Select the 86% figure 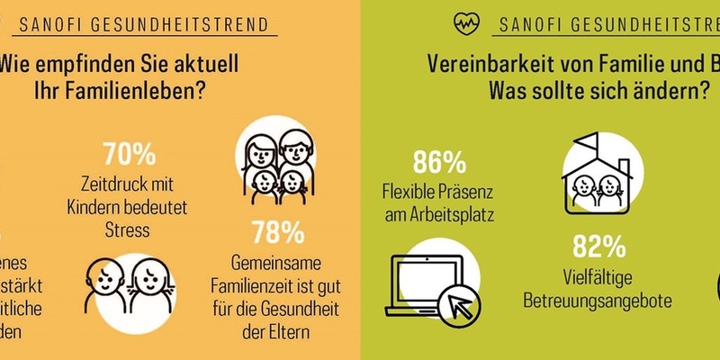(439, 162)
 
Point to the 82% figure (598, 247)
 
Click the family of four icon (278, 161)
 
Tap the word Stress (125, 230)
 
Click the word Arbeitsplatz (439, 214)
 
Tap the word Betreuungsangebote (598, 301)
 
